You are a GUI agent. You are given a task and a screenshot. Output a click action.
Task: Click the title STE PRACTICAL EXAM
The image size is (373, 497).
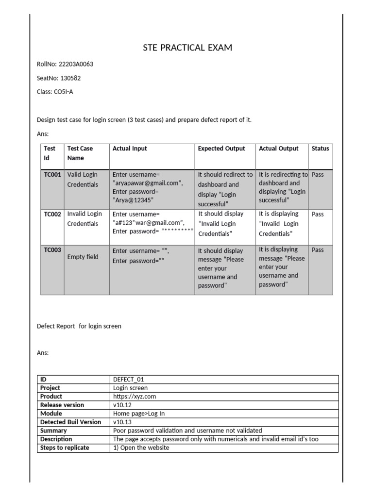[x=187, y=48]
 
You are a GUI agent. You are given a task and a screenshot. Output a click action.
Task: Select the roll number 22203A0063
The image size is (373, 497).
[x=76, y=64]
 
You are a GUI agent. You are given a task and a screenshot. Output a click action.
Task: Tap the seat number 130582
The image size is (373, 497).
[x=71, y=78]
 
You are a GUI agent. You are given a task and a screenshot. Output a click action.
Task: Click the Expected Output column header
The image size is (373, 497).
[x=221, y=149]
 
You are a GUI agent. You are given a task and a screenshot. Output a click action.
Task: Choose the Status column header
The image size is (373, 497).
[x=320, y=149]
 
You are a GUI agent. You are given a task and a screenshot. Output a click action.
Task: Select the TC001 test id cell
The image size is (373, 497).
[x=52, y=175]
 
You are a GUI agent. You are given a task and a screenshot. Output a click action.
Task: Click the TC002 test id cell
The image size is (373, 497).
[x=52, y=214]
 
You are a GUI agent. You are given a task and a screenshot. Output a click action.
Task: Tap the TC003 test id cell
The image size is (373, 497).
[x=52, y=250]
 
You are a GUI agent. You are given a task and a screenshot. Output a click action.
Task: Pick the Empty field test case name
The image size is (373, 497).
[x=83, y=257]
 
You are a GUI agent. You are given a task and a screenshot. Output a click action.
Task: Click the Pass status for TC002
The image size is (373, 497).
[x=318, y=214]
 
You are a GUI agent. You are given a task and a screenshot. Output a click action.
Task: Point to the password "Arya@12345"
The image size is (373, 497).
[x=133, y=200]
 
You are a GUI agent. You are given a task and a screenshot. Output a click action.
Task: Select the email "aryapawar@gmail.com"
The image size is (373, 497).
[x=148, y=183]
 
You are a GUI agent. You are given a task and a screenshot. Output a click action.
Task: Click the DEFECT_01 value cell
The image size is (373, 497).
[x=129, y=380]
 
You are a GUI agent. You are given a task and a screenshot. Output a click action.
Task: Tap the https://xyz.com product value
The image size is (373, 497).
[x=135, y=397]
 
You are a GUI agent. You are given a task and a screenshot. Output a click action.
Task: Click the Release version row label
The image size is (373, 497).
[x=62, y=405]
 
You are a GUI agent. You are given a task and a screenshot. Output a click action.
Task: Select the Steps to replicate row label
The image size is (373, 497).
[x=65, y=447]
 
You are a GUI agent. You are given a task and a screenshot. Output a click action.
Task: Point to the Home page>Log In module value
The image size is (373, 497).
[x=138, y=414]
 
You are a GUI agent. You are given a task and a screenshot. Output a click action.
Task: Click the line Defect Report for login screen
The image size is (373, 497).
[x=79, y=326]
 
